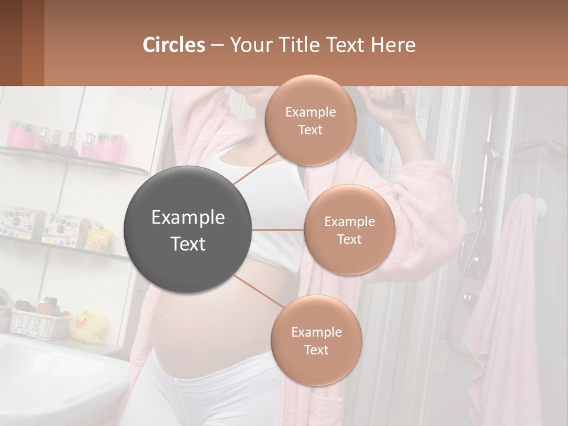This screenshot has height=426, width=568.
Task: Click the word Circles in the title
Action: click(174, 45)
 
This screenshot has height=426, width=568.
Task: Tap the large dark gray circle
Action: click(188, 230)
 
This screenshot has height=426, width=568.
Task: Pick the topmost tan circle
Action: click(310, 121)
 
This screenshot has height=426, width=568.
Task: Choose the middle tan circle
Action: click(349, 230)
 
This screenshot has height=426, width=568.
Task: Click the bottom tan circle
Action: click(316, 340)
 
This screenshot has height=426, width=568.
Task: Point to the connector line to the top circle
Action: click(256, 168)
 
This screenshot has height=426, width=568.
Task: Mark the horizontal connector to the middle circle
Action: click(278, 230)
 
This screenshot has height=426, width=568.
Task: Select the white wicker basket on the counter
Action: click(39, 322)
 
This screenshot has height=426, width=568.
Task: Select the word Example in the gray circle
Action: click(188, 218)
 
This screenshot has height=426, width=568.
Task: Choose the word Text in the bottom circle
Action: click(316, 350)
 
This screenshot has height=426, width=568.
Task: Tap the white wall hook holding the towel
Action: click(538, 206)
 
